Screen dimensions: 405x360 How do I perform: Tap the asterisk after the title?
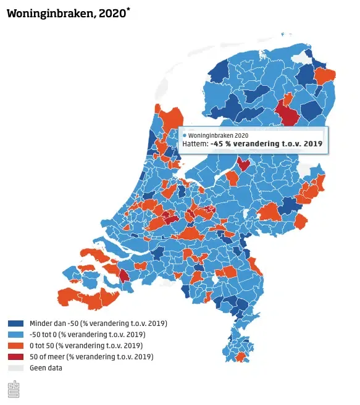[128, 9]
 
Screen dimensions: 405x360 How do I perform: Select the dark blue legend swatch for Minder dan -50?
[16, 324]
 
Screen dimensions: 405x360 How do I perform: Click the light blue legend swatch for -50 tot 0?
[16, 335]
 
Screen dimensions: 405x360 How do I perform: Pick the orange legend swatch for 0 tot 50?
[16, 346]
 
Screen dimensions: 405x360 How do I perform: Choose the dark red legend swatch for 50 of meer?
[16, 357]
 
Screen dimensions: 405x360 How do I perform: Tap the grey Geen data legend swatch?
[16, 368]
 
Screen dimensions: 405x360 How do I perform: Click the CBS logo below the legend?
[13, 390]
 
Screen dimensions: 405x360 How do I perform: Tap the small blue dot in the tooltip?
[185, 135]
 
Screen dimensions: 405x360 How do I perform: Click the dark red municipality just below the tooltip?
[244, 164]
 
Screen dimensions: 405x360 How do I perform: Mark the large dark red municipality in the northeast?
[287, 113]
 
